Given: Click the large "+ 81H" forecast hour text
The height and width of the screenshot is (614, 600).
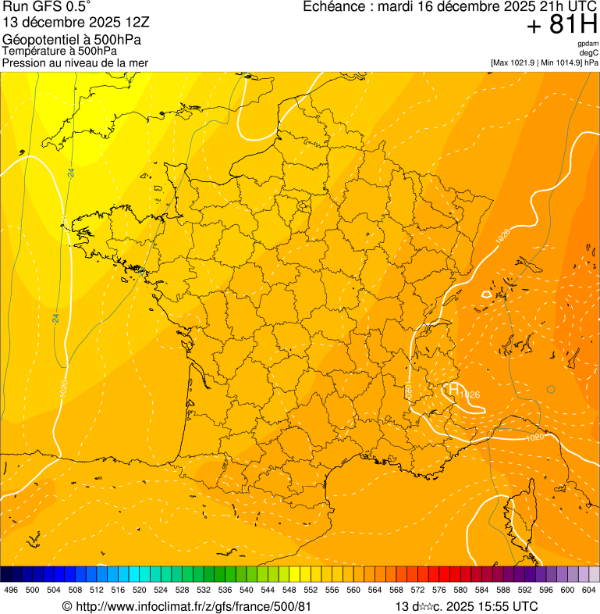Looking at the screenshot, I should [562, 25].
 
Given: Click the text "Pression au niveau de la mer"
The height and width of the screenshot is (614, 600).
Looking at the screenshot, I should [75, 62].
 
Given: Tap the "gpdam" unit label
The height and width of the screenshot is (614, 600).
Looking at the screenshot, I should [588, 44].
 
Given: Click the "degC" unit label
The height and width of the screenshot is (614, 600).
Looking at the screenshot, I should [589, 52].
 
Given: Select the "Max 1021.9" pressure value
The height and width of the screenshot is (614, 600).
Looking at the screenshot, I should [514, 62].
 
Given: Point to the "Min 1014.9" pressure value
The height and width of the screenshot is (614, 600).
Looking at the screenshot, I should [561, 62].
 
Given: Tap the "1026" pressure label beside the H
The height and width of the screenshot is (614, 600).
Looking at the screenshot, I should [470, 395].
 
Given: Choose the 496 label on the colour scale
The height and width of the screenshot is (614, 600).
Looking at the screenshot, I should [11, 590].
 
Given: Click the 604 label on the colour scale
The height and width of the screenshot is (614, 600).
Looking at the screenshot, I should [589, 590].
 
